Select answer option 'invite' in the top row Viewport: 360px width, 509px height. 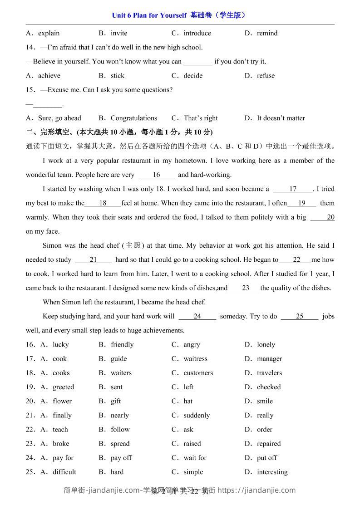[119, 33]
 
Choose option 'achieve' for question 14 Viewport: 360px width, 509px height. [49, 76]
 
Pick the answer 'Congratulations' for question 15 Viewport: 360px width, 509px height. [134, 118]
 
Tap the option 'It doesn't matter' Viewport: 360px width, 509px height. [281, 118]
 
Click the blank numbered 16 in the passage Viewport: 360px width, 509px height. [156, 175]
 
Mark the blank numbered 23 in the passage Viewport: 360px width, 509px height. [245, 288]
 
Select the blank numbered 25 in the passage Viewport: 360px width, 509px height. [299, 317]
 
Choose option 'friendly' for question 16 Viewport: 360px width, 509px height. [122, 345]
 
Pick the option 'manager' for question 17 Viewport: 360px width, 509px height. [269, 359]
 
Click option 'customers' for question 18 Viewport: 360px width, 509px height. [198, 373]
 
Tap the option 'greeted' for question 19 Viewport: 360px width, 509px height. [63, 387]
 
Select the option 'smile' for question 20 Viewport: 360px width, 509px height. [265, 401]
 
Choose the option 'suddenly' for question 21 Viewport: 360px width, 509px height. [197, 416]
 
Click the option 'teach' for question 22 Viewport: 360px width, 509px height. [60, 430]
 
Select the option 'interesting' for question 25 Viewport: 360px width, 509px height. [272, 472]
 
